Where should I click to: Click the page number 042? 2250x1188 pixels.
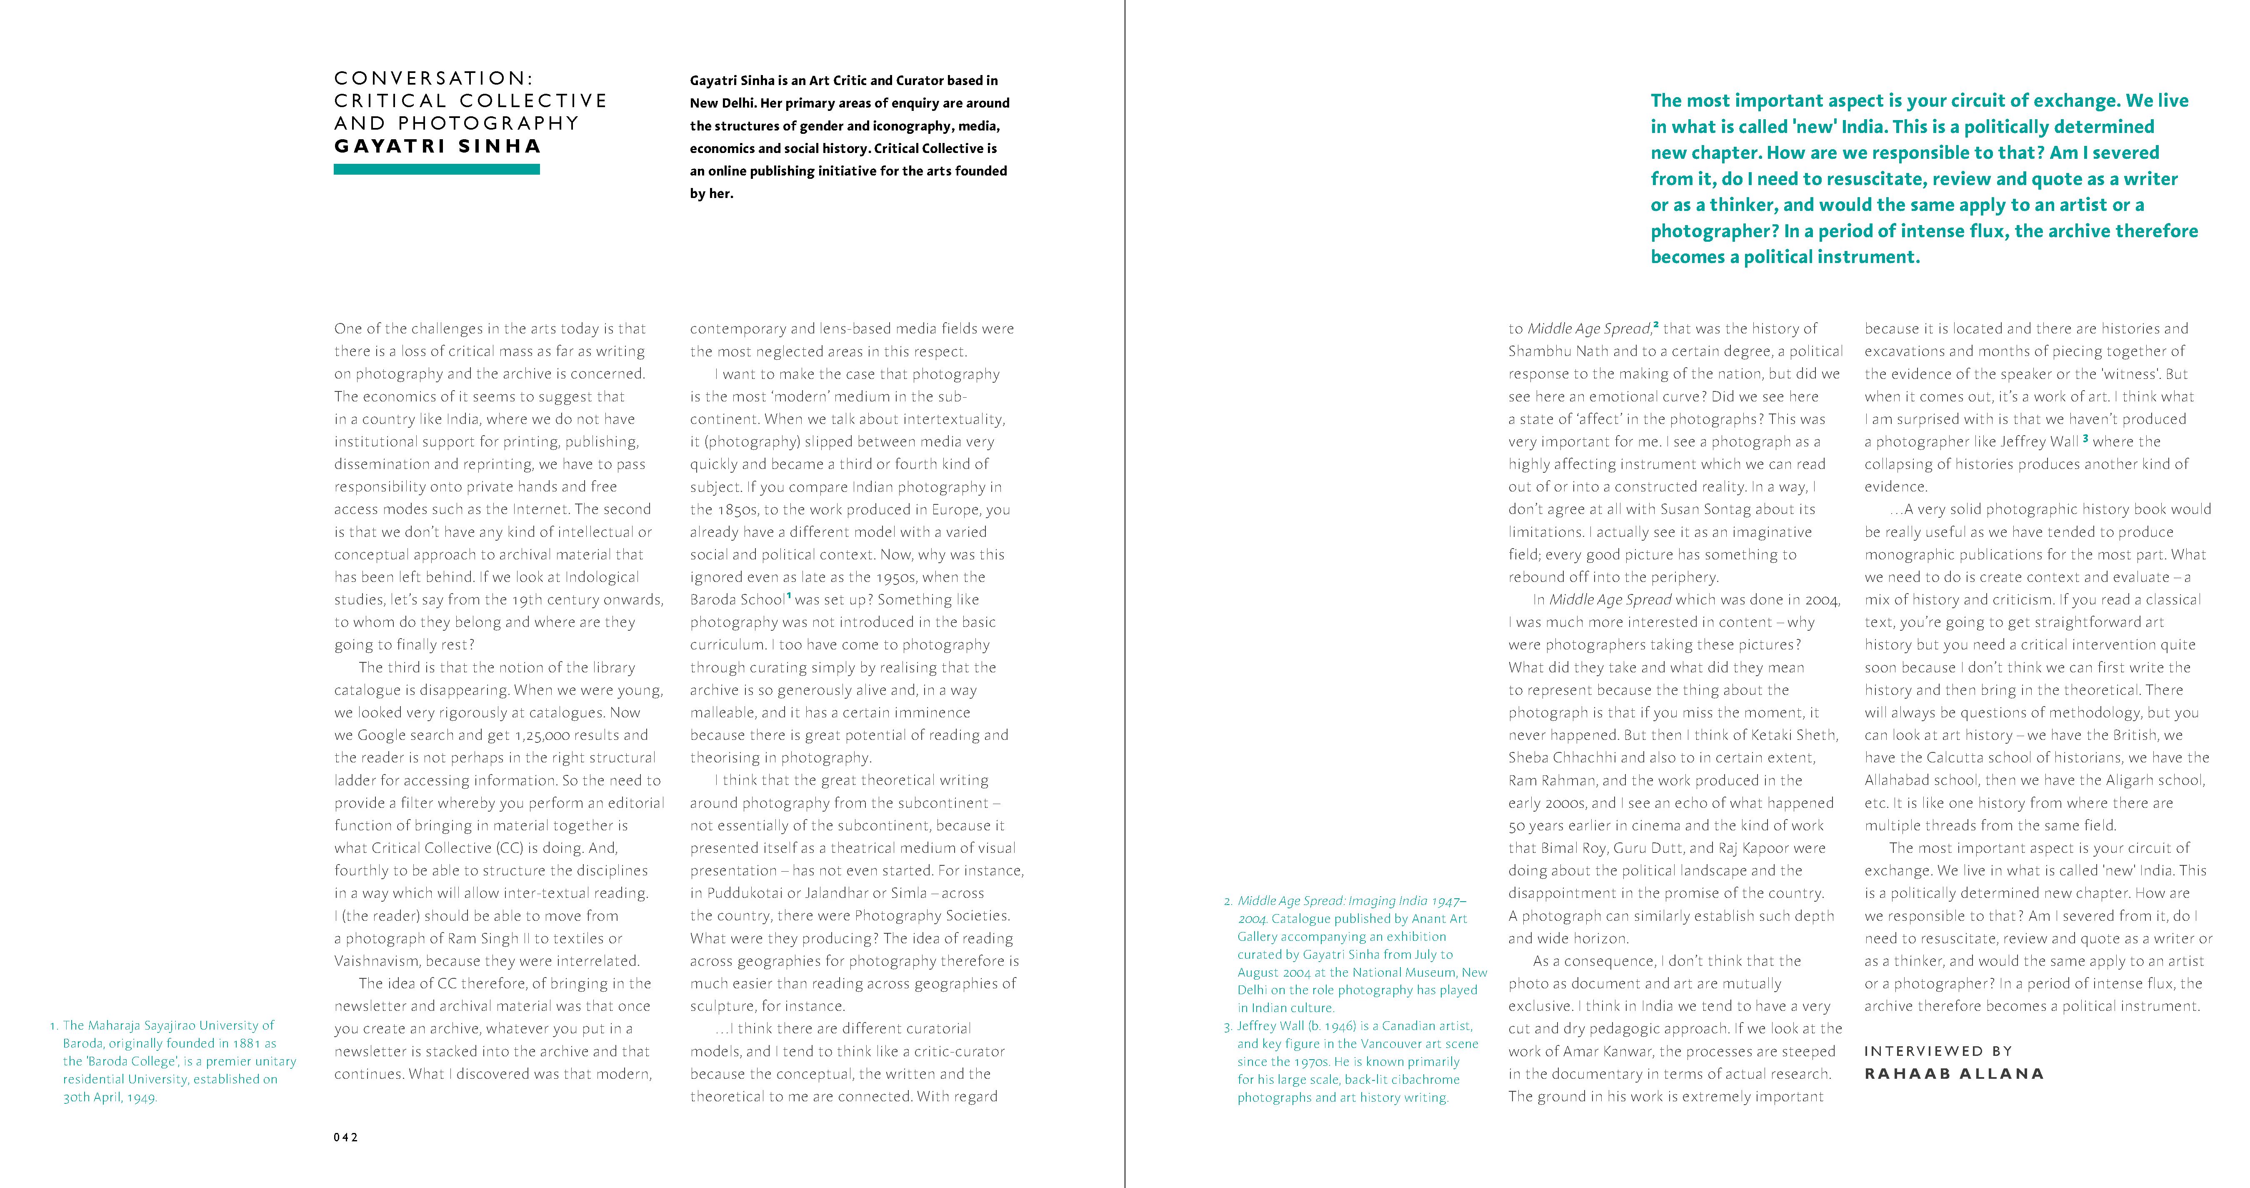[x=346, y=1137]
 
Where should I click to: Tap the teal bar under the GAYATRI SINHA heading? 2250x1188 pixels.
[x=437, y=170]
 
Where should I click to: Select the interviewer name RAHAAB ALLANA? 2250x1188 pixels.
[x=1954, y=1073]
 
